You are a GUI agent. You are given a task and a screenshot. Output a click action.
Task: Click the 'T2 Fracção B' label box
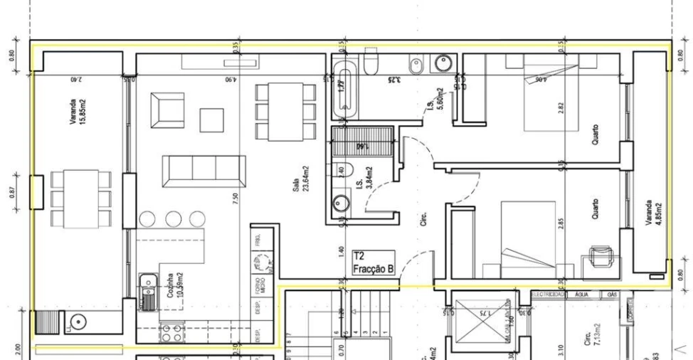point(373,263)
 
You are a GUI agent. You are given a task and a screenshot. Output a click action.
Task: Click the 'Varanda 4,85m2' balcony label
point(652,213)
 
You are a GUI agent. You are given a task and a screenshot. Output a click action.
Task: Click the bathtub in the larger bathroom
point(345,88)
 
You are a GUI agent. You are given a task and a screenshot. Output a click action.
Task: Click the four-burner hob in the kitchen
point(171,331)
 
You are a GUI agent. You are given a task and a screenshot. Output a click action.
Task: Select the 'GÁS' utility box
point(610,294)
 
